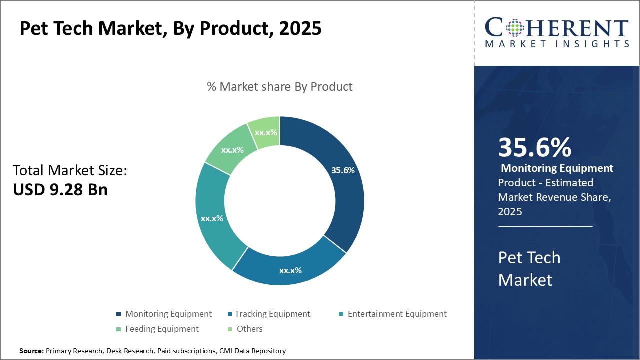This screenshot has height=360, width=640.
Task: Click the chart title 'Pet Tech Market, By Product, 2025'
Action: [x=170, y=29]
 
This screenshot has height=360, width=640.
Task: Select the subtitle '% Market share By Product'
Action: [x=279, y=87]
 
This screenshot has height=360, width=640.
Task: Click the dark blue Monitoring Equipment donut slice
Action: [x=345, y=200]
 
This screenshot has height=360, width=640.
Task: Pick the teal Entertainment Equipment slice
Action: [x=215, y=220]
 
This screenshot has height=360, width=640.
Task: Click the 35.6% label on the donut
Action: [x=343, y=170]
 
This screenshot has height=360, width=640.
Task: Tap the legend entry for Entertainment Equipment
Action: [x=392, y=314]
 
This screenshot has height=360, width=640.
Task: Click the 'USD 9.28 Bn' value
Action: [x=60, y=190]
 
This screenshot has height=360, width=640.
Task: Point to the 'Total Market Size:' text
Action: [x=70, y=171]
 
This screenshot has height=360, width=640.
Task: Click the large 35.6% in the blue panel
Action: [x=534, y=148]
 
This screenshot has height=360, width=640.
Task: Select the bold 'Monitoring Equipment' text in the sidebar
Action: [x=557, y=168]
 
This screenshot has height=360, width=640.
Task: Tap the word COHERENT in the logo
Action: [x=556, y=27]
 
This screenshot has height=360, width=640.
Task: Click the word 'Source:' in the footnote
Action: [x=31, y=351]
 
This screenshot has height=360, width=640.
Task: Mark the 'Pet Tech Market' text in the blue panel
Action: [x=529, y=268]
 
